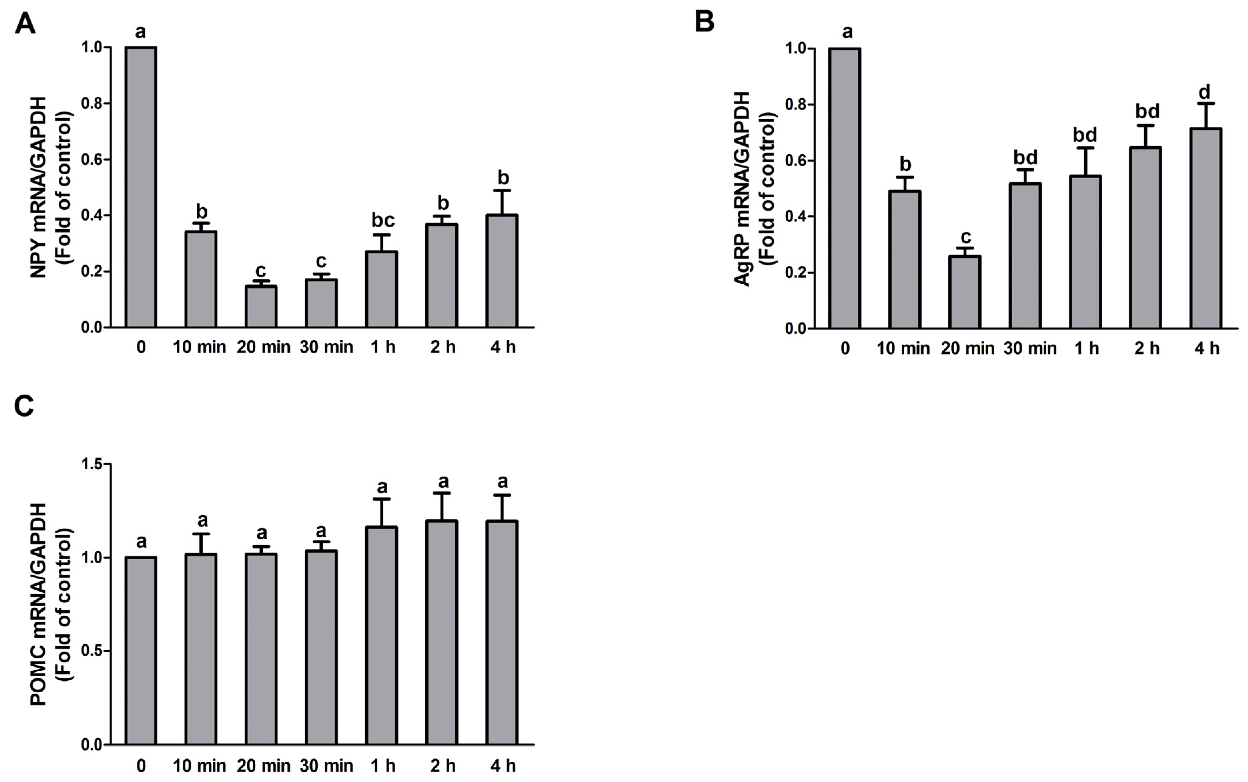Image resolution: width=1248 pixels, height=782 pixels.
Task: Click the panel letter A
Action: coord(25,24)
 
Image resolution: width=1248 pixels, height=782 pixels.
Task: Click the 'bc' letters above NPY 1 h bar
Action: coord(383,221)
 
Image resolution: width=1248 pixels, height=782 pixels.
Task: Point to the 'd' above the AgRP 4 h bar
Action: coord(1205,92)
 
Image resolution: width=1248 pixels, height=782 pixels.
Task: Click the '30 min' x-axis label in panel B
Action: coord(1030,349)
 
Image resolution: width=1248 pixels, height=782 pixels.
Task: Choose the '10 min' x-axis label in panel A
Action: coord(199,347)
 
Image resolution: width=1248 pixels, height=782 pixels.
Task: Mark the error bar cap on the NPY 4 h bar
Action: coord(502,190)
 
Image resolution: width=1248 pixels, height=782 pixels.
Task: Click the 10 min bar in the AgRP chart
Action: coord(905,260)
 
